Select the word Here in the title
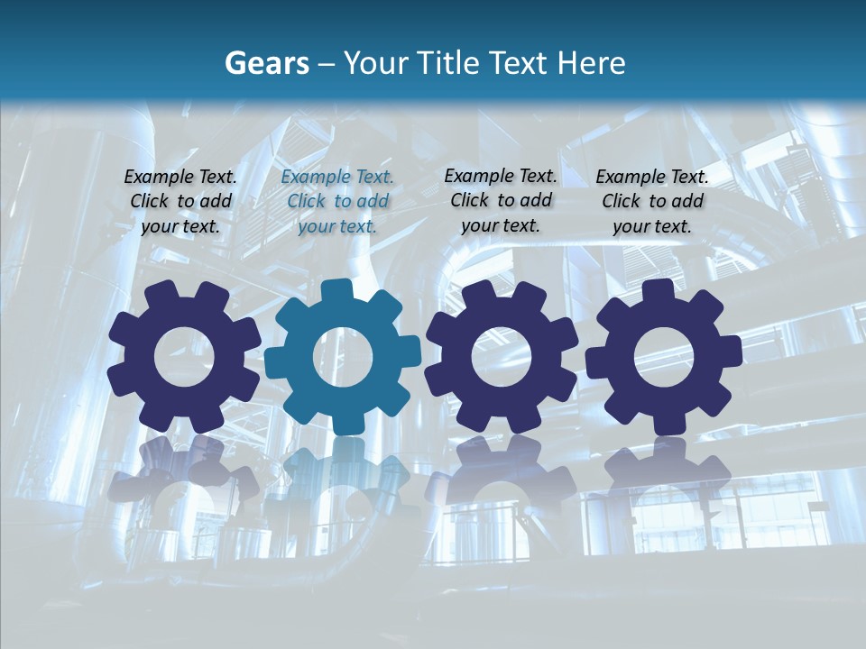pyautogui.click(x=591, y=63)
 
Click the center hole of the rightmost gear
pyautogui.click(x=664, y=356)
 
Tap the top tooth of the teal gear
pyautogui.click(x=343, y=291)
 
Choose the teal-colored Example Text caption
pyautogui.click(x=337, y=202)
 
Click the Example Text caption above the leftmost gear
pyautogui.click(x=180, y=202)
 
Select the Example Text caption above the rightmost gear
pyautogui.click(x=652, y=202)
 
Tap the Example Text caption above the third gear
pyautogui.click(x=501, y=200)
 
